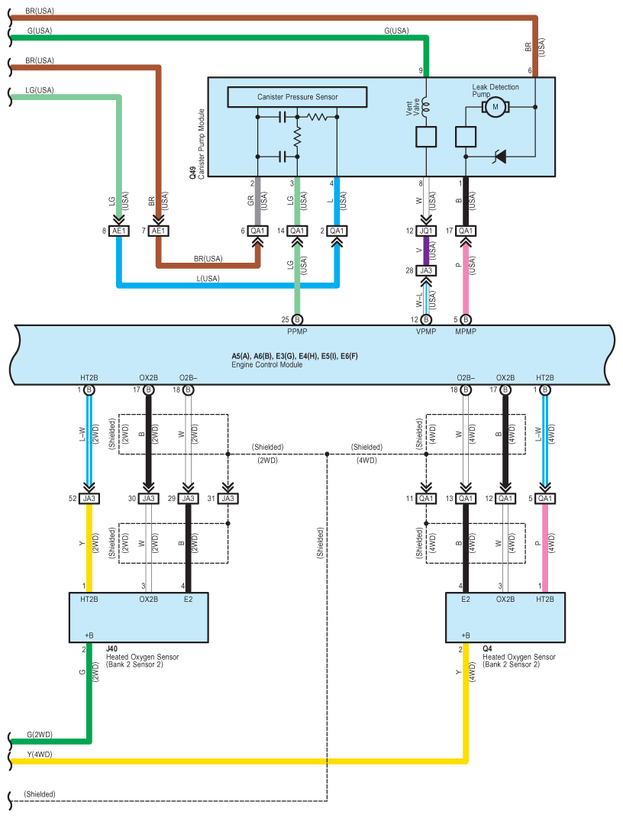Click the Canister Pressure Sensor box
tap(297, 97)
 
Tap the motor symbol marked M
tap(495, 107)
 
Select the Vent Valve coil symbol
tap(426, 106)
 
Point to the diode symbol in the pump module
tap(500, 156)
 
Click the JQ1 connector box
tap(426, 231)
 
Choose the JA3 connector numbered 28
tap(426, 270)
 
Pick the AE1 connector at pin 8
tap(118, 231)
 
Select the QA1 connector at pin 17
tap(466, 231)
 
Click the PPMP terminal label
tap(297, 331)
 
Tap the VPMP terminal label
tap(426, 331)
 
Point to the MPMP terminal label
tap(466, 331)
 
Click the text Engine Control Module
tap(267, 364)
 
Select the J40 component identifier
tap(111, 649)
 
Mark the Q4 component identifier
tap(487, 649)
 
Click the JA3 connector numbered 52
tap(89, 499)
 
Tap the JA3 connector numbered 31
tap(228, 499)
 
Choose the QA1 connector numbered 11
tap(426, 499)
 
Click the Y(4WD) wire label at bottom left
tap(40, 755)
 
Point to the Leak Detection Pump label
tap(495, 90)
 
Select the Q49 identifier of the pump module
tap(192, 173)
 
